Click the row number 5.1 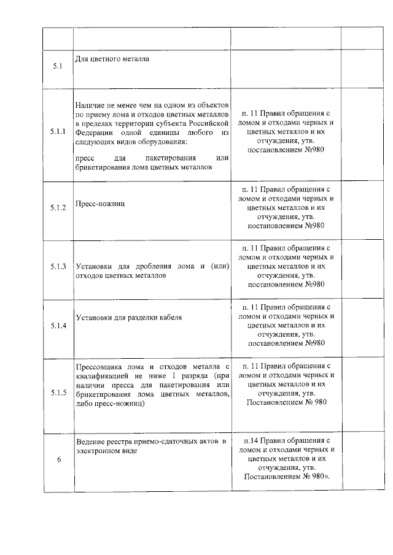point(58,67)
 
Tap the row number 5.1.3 point(58,267)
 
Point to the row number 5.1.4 point(58,325)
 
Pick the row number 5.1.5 point(58,392)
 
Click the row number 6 point(58,462)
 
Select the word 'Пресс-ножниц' point(100,203)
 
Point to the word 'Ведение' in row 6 point(90,442)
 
